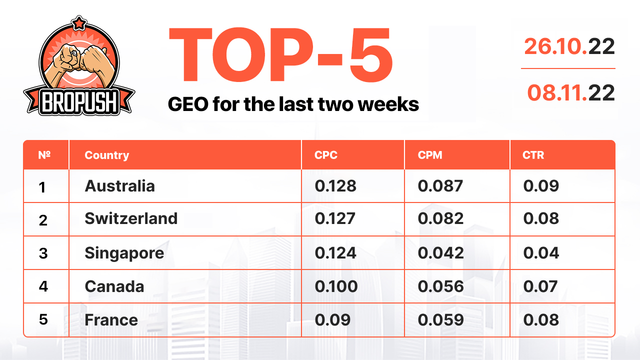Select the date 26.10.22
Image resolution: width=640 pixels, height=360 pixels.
571,46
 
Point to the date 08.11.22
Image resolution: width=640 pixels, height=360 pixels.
571,93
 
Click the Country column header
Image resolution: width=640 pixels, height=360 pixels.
106,156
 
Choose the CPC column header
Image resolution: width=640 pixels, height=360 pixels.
325,156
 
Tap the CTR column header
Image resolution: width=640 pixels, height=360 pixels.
533,156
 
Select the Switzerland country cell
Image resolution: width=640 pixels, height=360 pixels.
131,219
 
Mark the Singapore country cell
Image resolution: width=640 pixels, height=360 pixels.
124,253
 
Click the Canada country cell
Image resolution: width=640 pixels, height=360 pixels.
114,287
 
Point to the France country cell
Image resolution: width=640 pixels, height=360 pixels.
111,321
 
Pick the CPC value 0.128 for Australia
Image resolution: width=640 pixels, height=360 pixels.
335,186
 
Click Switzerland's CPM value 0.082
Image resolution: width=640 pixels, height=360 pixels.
441,219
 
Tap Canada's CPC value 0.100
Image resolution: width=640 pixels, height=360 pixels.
335,287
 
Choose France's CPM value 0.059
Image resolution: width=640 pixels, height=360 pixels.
441,321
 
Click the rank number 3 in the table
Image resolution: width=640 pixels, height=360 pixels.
43,253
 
